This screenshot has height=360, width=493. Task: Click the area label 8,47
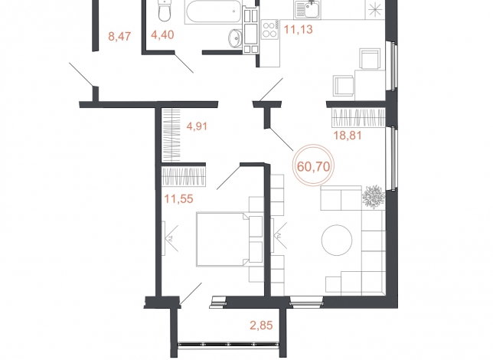pos(119,37)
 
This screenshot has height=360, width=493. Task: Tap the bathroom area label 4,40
pos(162,34)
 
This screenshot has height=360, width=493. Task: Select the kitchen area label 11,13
pos(299,29)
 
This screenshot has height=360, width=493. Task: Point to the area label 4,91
pos(197,126)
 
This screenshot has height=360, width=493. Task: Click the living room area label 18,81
pos(348,136)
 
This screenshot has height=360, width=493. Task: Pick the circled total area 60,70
pos(313,166)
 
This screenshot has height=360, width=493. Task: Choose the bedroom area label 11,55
pos(178,199)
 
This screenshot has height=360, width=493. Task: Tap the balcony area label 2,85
pos(261,325)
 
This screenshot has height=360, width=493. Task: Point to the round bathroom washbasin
pos(235,38)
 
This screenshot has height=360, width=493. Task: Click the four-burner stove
pos(270,30)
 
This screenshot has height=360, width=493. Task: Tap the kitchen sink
pos(307,9)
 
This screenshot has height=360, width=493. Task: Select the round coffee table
pos(337,240)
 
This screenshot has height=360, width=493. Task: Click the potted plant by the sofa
pos(374,197)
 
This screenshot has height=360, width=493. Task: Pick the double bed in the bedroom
pos(230,240)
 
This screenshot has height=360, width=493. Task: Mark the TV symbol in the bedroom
pos(170,238)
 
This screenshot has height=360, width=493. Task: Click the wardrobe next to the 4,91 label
pos(171,135)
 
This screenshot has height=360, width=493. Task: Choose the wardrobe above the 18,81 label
pos(359,117)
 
